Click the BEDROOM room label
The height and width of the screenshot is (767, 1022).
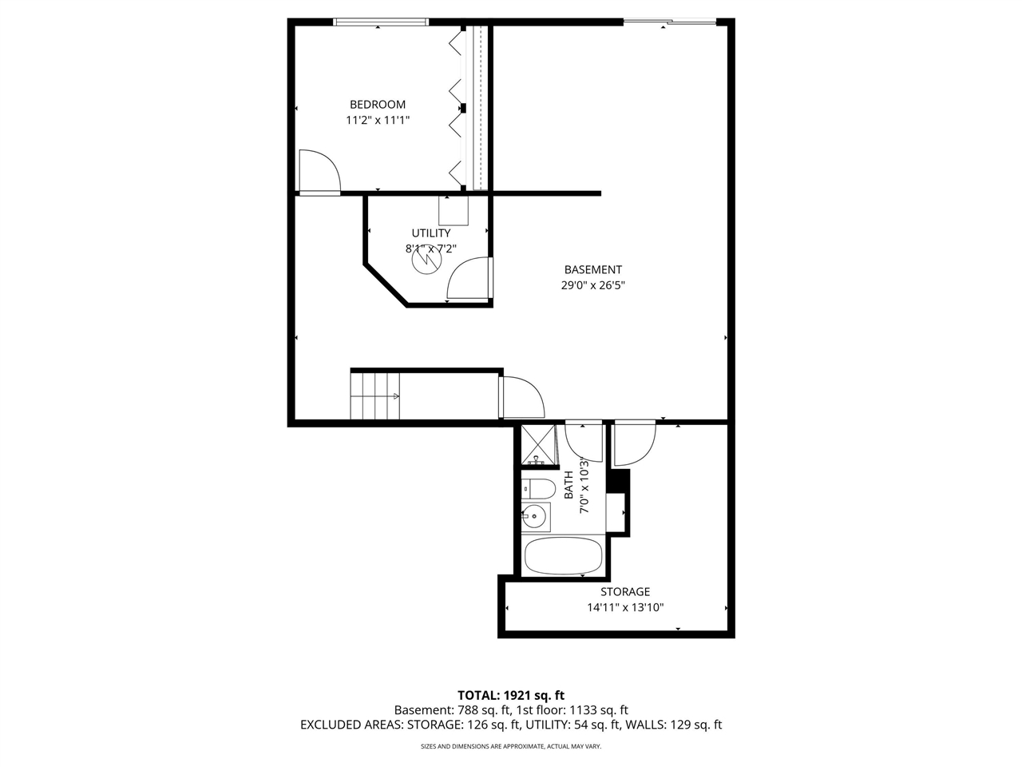pyautogui.click(x=377, y=104)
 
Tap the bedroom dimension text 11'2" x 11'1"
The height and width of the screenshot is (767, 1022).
pyautogui.click(x=377, y=121)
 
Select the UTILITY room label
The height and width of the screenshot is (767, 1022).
pyautogui.click(x=430, y=233)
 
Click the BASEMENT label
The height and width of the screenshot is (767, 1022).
pyautogui.click(x=592, y=270)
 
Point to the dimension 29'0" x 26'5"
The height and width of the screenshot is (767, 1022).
pyautogui.click(x=592, y=285)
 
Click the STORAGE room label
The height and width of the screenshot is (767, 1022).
pyautogui.click(x=624, y=592)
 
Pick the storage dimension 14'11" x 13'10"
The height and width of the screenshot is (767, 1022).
pyautogui.click(x=624, y=607)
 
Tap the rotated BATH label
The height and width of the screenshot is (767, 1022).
pyautogui.click(x=568, y=485)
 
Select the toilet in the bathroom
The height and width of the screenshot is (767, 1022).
pyautogui.click(x=538, y=488)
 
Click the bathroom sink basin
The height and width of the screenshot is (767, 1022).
pyautogui.click(x=534, y=516)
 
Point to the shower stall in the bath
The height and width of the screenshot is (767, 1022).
pyautogui.click(x=539, y=444)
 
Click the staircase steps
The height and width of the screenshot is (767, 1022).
pyautogui.click(x=375, y=395)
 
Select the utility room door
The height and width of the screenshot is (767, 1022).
pyautogui.click(x=469, y=280)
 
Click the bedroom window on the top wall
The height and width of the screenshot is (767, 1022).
pyautogui.click(x=381, y=22)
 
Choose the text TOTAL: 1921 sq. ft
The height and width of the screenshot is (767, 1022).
pyautogui.click(x=510, y=695)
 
